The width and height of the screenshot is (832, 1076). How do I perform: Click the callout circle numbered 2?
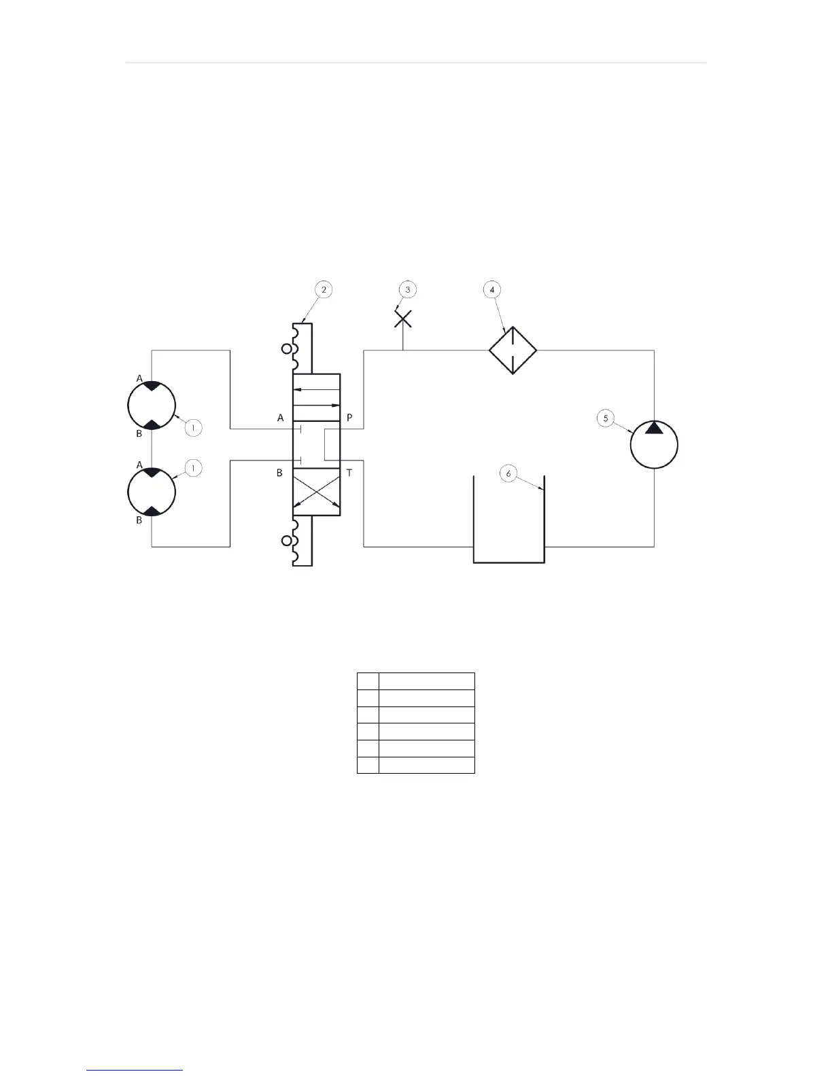click(324, 289)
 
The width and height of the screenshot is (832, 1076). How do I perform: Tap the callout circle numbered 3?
click(408, 289)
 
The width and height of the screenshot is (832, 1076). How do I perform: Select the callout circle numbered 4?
click(492, 289)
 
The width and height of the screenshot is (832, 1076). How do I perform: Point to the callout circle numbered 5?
click(606, 418)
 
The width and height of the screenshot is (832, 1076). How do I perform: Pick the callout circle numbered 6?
click(508, 473)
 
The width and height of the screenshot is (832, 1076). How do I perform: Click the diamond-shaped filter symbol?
click(513, 351)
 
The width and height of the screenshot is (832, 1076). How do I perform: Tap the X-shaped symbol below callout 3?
click(403, 319)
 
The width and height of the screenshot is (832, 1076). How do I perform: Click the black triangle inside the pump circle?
click(654, 428)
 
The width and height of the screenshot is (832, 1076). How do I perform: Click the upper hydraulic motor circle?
click(152, 405)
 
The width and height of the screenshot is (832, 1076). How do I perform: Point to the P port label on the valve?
click(349, 418)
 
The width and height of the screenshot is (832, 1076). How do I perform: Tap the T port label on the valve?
click(349, 473)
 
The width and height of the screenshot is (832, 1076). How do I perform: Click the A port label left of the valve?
click(280, 418)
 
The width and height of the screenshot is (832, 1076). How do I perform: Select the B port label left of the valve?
click(279, 473)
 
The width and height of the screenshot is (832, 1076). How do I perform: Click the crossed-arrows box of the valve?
click(316, 492)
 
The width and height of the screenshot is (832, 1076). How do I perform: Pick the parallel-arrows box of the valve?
click(316, 397)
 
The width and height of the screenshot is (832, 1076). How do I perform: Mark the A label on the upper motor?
click(139, 378)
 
